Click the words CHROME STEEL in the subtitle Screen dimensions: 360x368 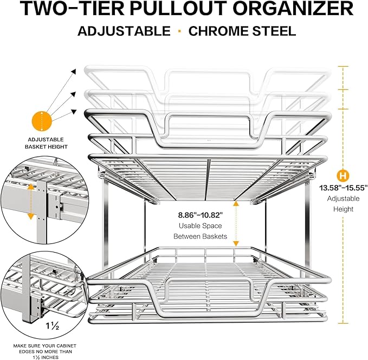point(242,30)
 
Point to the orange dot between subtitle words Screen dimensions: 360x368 point(179,30)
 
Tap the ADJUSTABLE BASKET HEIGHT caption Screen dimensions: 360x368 point(46,143)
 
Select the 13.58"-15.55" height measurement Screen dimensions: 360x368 point(343,188)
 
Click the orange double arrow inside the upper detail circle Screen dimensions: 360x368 point(31,201)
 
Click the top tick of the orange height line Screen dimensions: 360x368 point(343,66)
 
